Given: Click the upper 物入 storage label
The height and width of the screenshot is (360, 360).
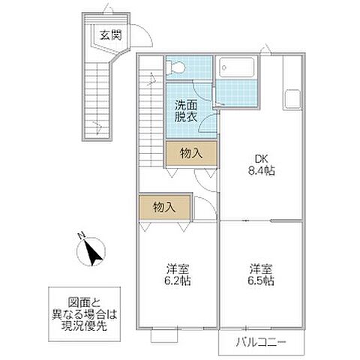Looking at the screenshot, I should tap(192, 153).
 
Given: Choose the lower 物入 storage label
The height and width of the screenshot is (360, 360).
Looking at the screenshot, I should tap(163, 207).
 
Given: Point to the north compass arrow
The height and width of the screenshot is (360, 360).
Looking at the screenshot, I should tap(94, 253).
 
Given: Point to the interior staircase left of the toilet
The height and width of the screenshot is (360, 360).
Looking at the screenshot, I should tap(151, 112).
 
